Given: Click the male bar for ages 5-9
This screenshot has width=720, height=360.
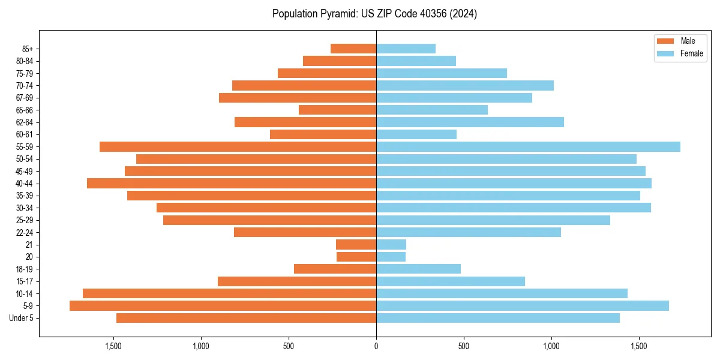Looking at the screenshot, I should [x=223, y=306].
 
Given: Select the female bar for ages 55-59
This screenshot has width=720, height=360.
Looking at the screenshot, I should [x=528, y=147].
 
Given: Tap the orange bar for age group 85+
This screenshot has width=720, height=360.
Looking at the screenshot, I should [x=353, y=49].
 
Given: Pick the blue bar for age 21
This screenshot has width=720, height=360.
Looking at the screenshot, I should [x=391, y=245].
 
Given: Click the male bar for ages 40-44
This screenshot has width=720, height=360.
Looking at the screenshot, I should [x=232, y=184].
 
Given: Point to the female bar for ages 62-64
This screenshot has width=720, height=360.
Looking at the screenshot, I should [x=470, y=122].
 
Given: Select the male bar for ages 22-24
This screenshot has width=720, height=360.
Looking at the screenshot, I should [x=305, y=232].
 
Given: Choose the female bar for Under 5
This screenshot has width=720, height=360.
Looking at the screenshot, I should [x=498, y=318].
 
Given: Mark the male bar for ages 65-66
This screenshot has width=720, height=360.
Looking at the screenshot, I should [x=337, y=110].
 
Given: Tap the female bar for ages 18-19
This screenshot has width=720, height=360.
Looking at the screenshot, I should [x=418, y=269].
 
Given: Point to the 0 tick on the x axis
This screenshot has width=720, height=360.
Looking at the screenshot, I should [x=376, y=346].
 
